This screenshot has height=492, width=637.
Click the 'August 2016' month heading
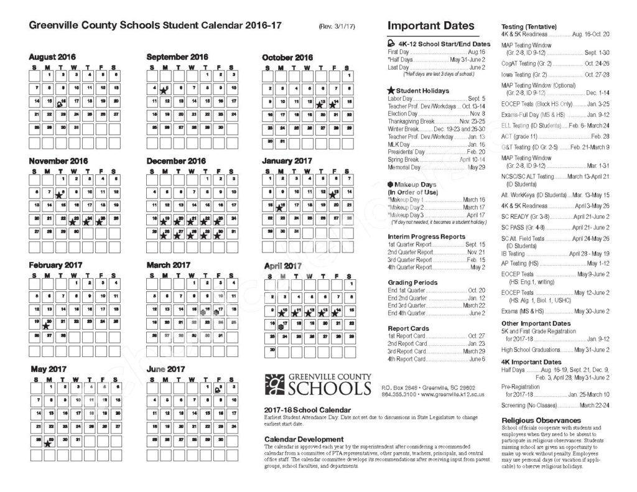(53, 57)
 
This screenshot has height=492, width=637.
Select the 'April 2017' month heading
(283, 266)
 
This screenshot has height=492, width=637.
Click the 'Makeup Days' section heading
(412, 185)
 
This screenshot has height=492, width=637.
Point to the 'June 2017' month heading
(167, 369)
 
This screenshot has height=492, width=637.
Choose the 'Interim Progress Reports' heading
(426, 237)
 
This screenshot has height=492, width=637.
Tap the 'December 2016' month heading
(176, 161)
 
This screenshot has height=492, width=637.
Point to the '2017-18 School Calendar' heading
(307, 410)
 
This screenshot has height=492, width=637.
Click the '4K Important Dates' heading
(531, 362)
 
